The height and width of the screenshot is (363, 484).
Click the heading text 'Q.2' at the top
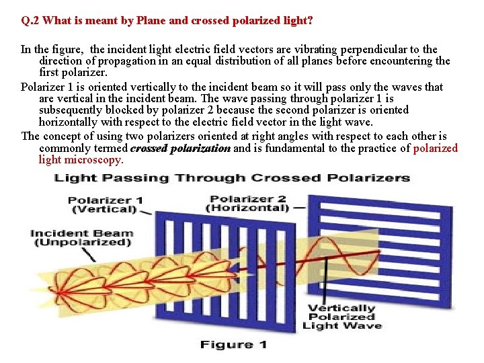[30, 21]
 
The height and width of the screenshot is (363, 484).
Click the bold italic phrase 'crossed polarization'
[180, 148]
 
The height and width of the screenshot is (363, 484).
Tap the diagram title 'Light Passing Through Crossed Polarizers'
[232, 178]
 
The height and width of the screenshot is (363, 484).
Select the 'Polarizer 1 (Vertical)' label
[106, 204]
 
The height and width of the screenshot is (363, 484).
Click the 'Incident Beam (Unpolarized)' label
[81, 238]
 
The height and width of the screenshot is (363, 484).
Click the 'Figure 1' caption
[233, 345]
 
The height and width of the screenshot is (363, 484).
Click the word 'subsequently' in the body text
[69, 110]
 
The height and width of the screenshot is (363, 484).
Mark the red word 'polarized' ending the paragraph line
[435, 148]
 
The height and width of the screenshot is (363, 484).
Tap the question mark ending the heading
[309, 21]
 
